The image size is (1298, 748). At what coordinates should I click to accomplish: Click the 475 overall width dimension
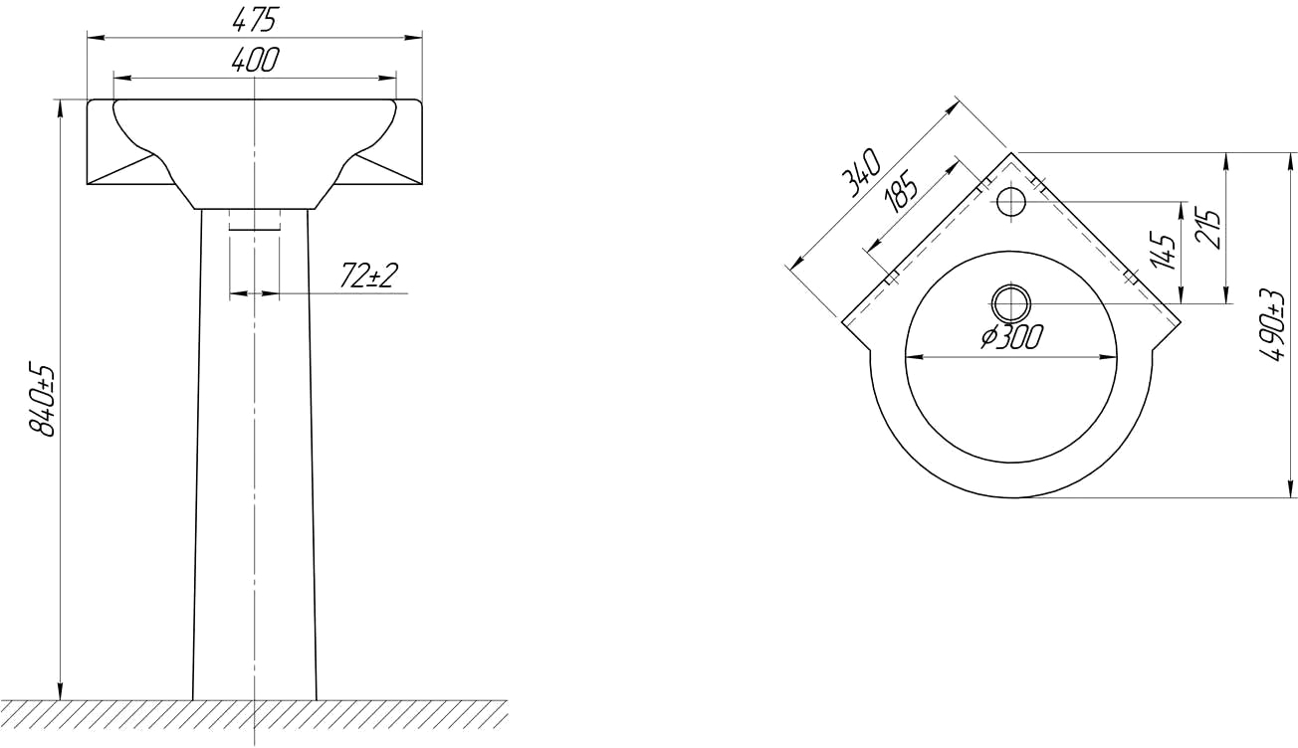[255, 19]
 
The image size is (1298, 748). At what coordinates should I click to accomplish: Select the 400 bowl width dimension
[255, 60]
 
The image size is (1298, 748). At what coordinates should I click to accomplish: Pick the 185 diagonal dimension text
[900, 190]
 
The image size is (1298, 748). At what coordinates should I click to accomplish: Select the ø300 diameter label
[1011, 337]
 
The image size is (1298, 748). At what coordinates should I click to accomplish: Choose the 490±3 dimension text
[1270, 325]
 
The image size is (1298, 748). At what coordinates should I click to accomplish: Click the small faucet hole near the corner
[1011, 202]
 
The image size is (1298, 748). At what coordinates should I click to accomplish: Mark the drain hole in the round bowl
[1011, 301]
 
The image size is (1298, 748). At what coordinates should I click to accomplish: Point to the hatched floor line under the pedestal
[255, 712]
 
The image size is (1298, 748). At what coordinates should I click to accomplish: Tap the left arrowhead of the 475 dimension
[94, 38]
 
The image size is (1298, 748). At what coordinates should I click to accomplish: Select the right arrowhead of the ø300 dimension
[1113, 356]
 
